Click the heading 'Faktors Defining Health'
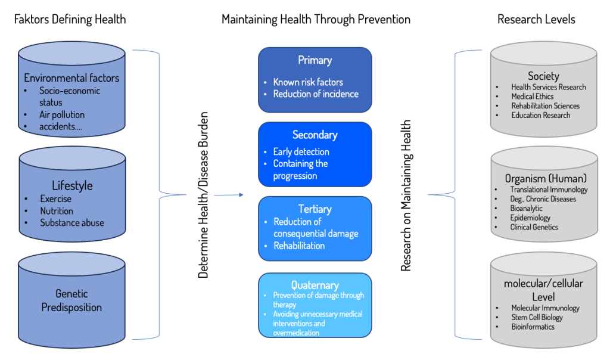click(70, 19)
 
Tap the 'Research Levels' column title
click(536, 19)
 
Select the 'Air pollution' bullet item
click(62, 115)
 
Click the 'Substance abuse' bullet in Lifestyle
click(72, 223)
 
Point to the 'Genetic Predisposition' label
click(71, 300)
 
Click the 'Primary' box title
click(315, 60)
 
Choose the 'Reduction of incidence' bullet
click(316, 94)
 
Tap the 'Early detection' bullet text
click(301, 152)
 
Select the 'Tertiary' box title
click(315, 209)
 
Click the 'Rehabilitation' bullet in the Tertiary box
click(299, 246)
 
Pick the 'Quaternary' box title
click(315, 285)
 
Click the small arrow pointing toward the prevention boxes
click(229, 194)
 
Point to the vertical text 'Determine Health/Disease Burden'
click(203, 195)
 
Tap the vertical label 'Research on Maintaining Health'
click(406, 195)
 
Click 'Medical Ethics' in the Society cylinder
click(532, 97)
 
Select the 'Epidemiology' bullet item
click(530, 218)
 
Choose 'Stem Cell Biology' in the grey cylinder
click(537, 318)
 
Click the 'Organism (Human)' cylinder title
click(546, 179)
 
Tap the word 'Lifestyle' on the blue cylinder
click(72, 185)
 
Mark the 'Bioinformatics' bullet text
click(533, 327)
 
